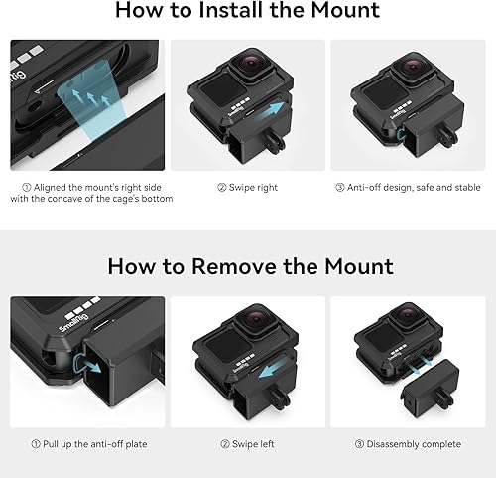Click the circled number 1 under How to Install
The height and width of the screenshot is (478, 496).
tap(26, 187)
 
